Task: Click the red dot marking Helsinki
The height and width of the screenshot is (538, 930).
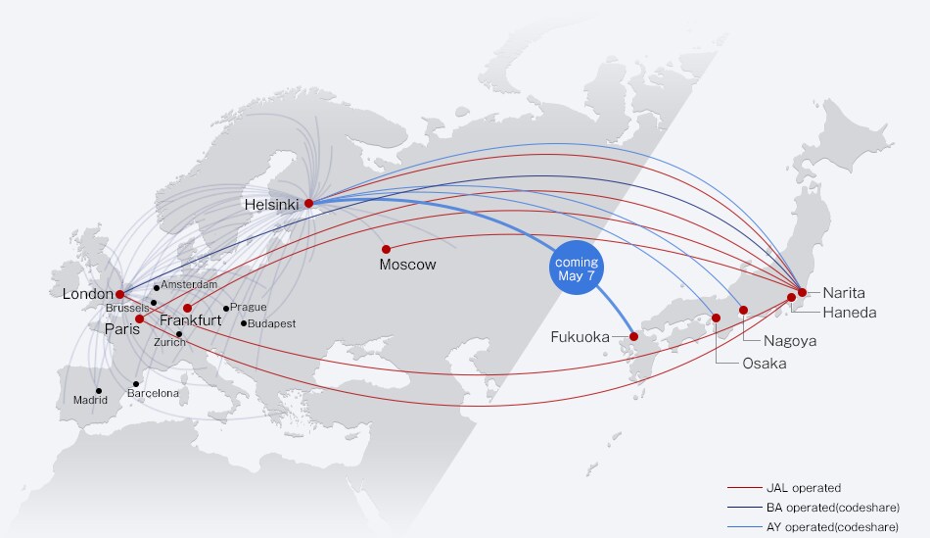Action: pyautogui.click(x=308, y=204)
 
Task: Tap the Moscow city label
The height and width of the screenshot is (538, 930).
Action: pyautogui.click(x=407, y=265)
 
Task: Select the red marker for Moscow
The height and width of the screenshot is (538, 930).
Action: pyautogui.click(x=386, y=249)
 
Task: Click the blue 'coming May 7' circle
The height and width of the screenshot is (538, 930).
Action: pyautogui.click(x=576, y=268)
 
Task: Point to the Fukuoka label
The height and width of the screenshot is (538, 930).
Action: pyautogui.click(x=580, y=337)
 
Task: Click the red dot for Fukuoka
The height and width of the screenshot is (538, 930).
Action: pyautogui.click(x=633, y=336)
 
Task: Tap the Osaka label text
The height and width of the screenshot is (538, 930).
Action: pyautogui.click(x=736, y=363)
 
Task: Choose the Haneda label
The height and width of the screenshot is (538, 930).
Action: pyautogui.click(x=850, y=313)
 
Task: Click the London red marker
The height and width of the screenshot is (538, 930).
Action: pyautogui.click(x=119, y=294)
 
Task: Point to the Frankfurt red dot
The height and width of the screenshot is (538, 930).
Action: pyautogui.click(x=187, y=308)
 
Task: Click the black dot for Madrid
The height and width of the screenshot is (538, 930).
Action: pyautogui.click(x=99, y=390)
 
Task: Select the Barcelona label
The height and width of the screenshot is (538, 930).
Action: pyautogui.click(x=154, y=393)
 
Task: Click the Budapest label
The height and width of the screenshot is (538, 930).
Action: pyautogui.click(x=272, y=323)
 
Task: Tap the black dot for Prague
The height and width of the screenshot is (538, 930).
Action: pyautogui.click(x=226, y=308)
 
